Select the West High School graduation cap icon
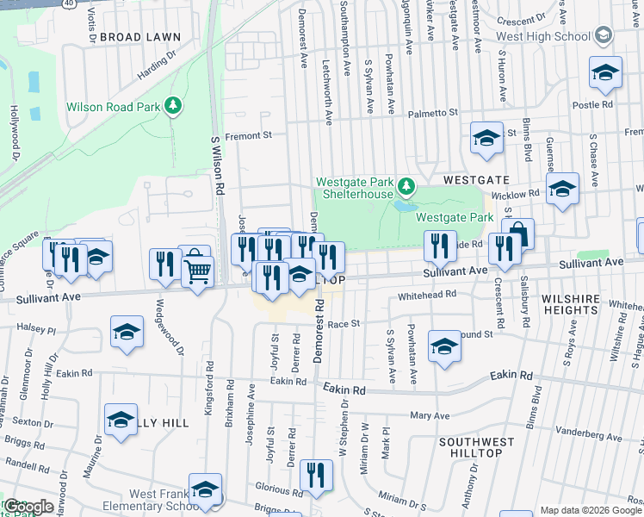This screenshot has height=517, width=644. point(604,34)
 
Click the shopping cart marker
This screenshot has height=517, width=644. point(198,272)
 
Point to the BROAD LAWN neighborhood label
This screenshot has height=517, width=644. point(140,37)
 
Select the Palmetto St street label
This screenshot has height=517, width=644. point(432,113)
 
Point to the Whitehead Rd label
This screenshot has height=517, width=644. point(426,296)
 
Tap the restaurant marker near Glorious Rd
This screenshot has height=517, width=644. point(316,476)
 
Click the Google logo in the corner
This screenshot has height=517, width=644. point(29,507)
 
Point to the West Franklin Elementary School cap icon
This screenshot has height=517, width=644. point(205,489)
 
